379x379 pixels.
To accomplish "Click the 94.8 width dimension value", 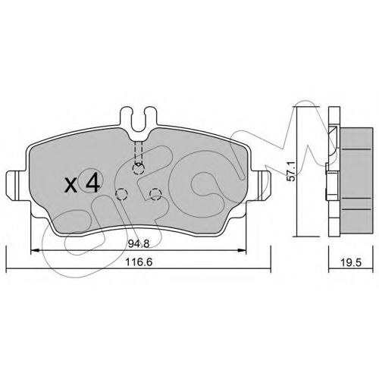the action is [139, 244].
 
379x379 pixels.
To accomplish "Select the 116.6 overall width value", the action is [140, 262].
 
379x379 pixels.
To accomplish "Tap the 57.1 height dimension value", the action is [292, 171].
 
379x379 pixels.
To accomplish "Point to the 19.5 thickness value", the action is [351, 263].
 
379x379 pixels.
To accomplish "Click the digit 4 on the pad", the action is [92, 181].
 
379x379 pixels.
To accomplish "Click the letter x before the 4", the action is [71, 184].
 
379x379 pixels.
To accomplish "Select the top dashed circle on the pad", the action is [138, 168].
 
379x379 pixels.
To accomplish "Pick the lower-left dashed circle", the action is [121, 194].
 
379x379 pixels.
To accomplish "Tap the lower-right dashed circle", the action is [155, 194].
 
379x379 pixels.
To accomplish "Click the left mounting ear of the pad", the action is [17, 186].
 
